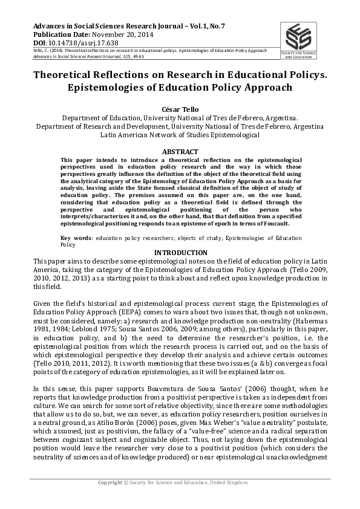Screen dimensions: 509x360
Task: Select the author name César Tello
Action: click(x=180, y=108)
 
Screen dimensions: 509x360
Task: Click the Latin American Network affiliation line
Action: click(x=180, y=135)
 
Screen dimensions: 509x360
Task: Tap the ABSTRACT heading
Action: click(x=180, y=152)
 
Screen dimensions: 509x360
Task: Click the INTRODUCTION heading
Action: click(x=180, y=253)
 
